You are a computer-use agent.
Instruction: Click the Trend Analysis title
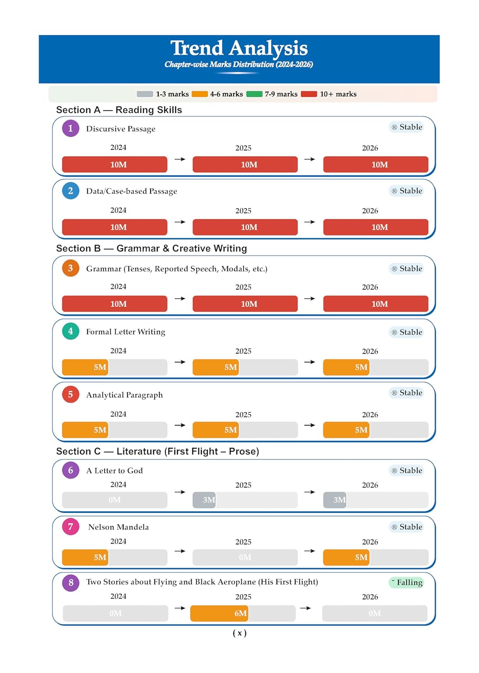[239, 48]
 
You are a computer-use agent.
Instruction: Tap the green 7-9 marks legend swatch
[254, 94]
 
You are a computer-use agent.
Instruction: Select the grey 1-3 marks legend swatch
[145, 94]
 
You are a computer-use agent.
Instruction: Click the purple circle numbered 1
[71, 128]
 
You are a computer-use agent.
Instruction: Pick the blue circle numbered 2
[71, 191]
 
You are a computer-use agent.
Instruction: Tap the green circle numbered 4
[71, 332]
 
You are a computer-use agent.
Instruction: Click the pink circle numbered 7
[71, 527]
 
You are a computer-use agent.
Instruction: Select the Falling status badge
[406, 582]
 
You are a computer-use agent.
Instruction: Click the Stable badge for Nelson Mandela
[406, 527]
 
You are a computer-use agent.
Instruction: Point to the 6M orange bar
[220, 613]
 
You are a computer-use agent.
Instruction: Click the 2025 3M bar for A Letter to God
[204, 500]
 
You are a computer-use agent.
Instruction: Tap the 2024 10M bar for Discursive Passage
[115, 165]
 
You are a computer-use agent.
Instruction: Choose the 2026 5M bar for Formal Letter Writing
[346, 367]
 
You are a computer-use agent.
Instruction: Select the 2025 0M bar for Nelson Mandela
[245, 557]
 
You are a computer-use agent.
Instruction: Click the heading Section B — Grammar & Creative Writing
[151, 249]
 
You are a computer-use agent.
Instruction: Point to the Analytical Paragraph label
[124, 395]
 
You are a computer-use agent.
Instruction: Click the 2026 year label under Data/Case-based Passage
[370, 211]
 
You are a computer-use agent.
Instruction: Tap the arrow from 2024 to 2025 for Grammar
[180, 298]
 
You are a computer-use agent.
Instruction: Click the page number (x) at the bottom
[239, 633]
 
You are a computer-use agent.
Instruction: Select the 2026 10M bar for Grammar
[376, 304]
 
